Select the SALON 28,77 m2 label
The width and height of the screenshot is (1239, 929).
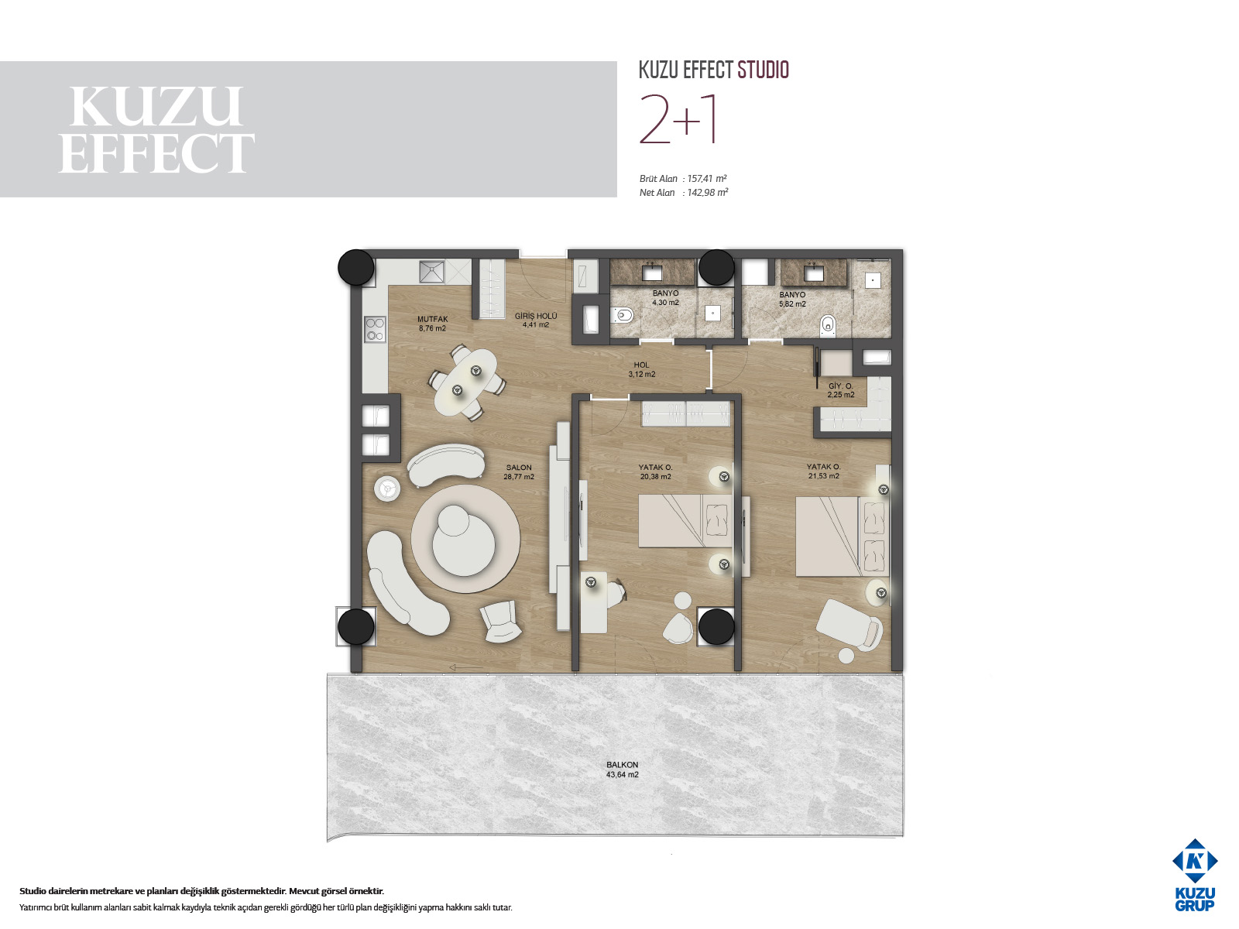coord(519,472)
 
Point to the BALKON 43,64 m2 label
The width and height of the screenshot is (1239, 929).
coord(622,770)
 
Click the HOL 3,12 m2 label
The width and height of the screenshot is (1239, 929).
coord(642,369)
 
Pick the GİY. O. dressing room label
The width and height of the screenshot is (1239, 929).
coord(841,386)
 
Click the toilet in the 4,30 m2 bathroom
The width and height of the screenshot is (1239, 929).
coord(621,315)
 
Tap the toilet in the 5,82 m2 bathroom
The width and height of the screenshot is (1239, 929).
coord(828,324)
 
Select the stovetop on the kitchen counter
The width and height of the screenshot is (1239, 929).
coord(376,329)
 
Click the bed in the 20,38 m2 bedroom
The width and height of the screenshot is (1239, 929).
coord(686,520)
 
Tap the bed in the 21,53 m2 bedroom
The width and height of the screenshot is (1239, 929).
coord(843,536)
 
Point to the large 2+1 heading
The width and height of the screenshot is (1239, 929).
coord(678,120)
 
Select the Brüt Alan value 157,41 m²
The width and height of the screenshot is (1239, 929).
coord(707,179)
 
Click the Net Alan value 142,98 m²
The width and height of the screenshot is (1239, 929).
coord(707,193)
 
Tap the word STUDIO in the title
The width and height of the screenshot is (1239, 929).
coord(764,70)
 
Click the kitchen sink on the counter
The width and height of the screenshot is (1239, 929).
coord(432,271)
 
